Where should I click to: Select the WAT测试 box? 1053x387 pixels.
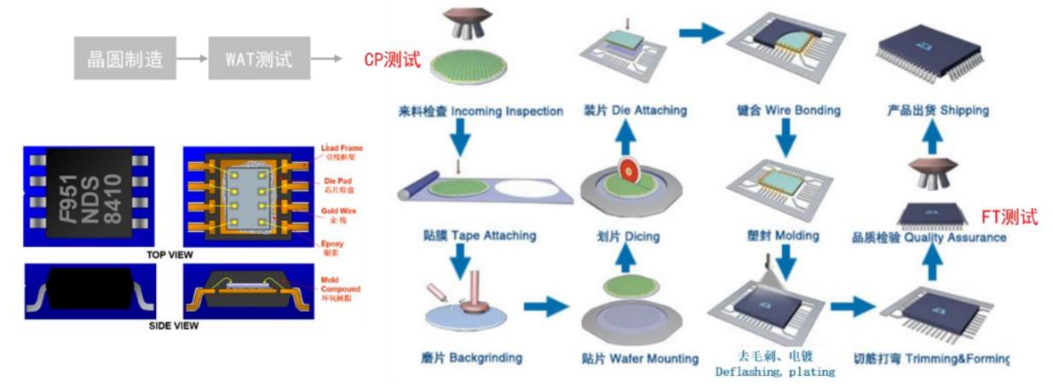coord(259,59)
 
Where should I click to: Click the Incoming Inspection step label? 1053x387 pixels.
coord(480,112)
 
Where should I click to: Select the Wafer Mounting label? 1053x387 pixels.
coord(640,358)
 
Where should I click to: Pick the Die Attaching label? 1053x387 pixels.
coord(635,112)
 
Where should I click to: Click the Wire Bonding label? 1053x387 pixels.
coord(788,112)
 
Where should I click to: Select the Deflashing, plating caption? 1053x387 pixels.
coord(774,364)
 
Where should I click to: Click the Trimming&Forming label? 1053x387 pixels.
coord(930,358)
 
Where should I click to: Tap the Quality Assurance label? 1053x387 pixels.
coord(929,238)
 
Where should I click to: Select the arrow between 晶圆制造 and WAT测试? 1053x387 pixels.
coord(193,59)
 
